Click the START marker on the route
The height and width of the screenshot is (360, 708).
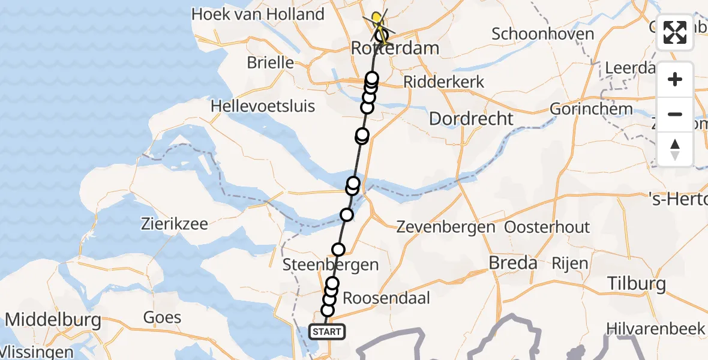click(x=327, y=331)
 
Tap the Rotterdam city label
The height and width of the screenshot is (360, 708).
click(x=395, y=48)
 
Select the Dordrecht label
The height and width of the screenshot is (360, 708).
click(x=472, y=118)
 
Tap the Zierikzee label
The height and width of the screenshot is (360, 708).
click(x=175, y=225)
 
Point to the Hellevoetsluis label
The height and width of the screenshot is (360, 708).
click(x=263, y=107)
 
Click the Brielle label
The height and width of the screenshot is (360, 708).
click(x=270, y=62)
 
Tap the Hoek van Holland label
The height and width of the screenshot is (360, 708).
click(x=258, y=14)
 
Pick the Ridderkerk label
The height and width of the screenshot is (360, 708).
click(x=444, y=82)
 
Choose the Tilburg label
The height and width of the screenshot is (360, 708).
click(x=637, y=283)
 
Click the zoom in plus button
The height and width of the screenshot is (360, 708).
click(x=675, y=79)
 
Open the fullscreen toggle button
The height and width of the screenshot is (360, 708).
click(x=675, y=33)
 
